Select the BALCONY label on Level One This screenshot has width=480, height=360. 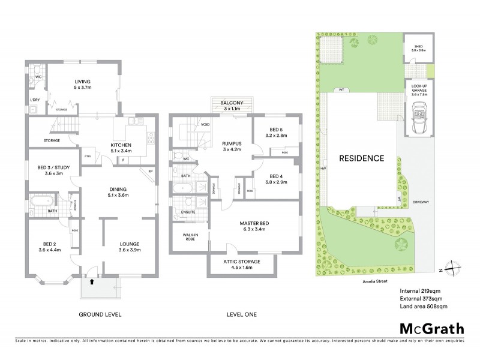(227, 103)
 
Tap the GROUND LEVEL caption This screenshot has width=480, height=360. (101, 314)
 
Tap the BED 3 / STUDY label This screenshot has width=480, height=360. (50, 170)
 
